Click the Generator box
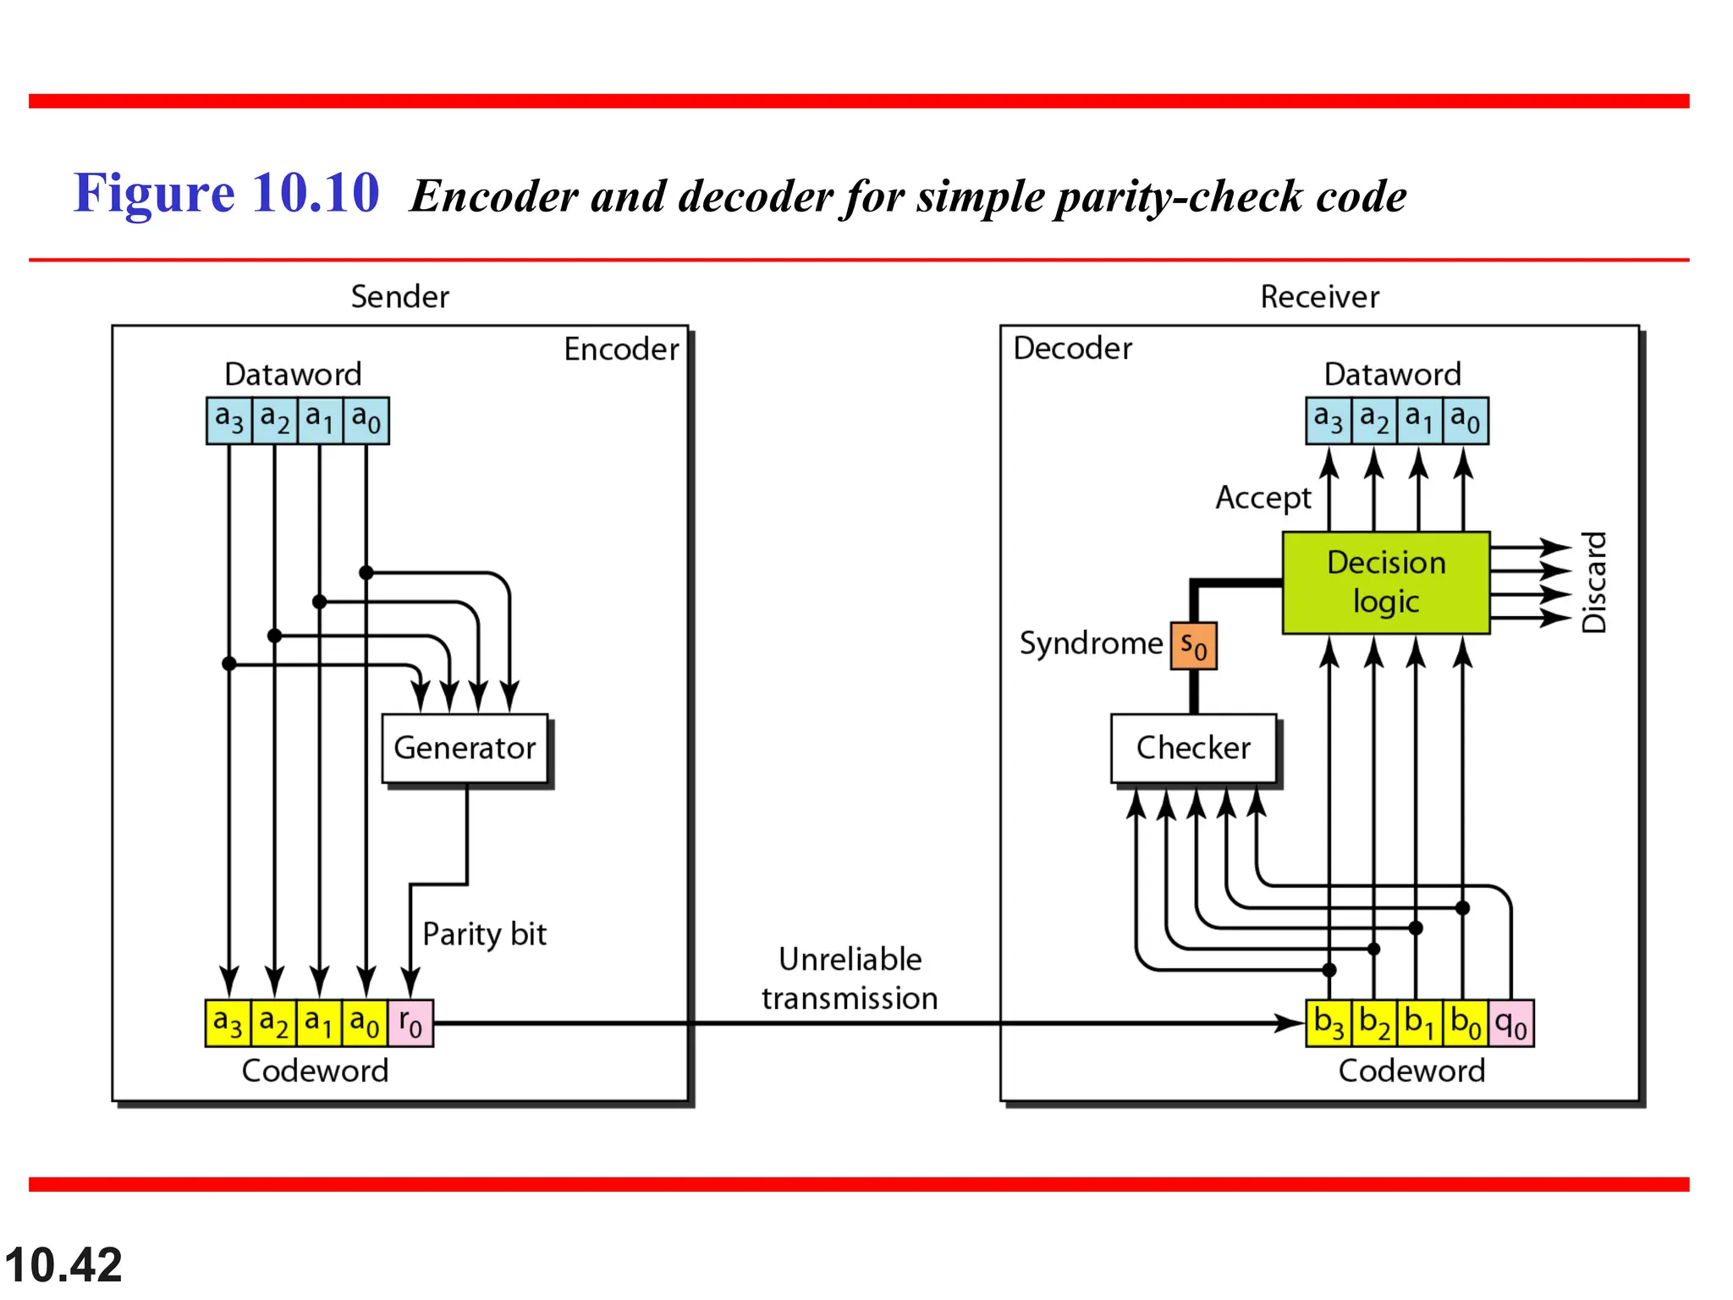coord(465,748)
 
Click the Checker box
coord(1193,748)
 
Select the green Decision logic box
coord(1385,582)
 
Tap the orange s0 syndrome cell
coord(1193,646)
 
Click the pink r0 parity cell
coord(410,1023)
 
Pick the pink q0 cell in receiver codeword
coord(1510,1023)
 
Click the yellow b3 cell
coord(1329,1023)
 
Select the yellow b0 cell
coord(1465,1023)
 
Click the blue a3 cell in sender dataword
coord(229,420)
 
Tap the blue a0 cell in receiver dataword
coord(1465,420)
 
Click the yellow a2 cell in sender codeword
coord(273,1023)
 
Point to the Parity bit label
coord(484,934)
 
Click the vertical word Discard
coord(1593,582)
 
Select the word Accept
coord(1263,498)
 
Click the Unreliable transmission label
coord(850,978)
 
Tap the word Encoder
coord(621,349)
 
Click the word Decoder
coord(1072,348)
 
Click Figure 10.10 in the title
coord(227,193)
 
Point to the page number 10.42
coord(63,1265)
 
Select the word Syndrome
coord(1091,643)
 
